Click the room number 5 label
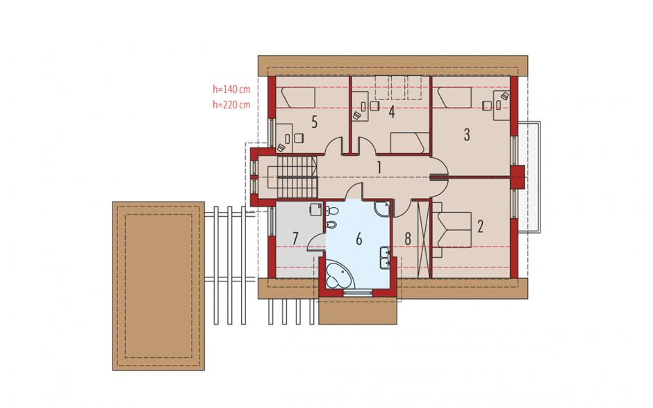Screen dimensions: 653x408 (x=315, y=122)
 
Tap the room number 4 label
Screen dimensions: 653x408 (x=392, y=113)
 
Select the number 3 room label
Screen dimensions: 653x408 (x=467, y=135)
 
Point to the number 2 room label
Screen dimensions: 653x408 (x=480, y=227)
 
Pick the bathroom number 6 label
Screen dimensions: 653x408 (x=359, y=239)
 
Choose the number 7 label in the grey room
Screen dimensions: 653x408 (x=295, y=239)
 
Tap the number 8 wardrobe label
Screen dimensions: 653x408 (x=408, y=239)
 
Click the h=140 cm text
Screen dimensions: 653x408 (x=231, y=89)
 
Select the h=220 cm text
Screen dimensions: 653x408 (x=231, y=104)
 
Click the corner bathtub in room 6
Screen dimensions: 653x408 (x=338, y=275)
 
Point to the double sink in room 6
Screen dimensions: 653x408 (x=385, y=258)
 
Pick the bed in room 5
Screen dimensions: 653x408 (x=296, y=97)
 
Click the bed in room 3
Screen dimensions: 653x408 (x=452, y=97)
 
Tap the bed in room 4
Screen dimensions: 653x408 (x=409, y=143)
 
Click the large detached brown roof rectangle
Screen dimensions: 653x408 (x=158, y=286)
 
